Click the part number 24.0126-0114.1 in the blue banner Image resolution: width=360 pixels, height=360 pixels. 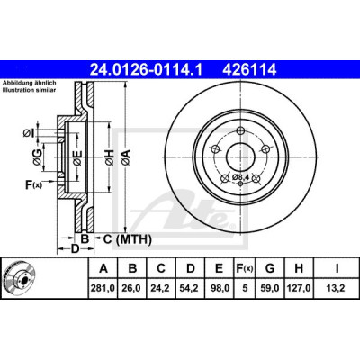147,70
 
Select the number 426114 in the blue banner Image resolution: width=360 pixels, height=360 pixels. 249,70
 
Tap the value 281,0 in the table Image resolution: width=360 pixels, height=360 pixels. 103,288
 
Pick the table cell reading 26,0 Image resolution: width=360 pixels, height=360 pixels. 132,288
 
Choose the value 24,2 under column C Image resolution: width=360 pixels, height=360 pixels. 161,288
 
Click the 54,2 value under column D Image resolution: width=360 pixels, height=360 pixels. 191,288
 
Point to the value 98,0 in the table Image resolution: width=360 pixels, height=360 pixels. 220,288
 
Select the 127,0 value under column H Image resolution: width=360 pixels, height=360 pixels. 299,288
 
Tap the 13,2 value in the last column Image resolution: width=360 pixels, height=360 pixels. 337,288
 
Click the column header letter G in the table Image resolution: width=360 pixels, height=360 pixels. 270,268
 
